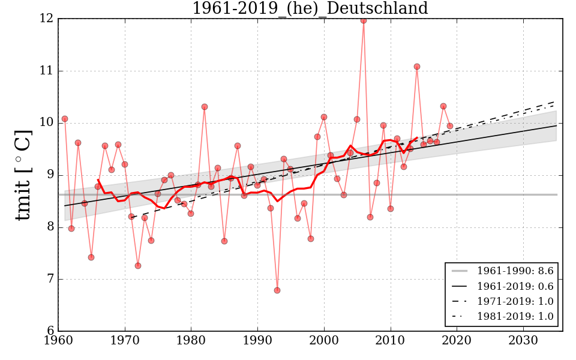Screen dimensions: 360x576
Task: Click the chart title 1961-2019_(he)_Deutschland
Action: (x=310, y=9)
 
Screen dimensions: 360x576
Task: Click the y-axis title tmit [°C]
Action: (x=23, y=175)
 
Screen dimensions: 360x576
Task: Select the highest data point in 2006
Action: (x=364, y=20)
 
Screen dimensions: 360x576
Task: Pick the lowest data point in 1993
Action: (x=277, y=290)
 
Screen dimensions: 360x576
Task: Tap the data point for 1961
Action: (x=65, y=119)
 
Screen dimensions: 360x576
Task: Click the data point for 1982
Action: (x=205, y=107)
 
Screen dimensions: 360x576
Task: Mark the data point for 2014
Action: (x=417, y=67)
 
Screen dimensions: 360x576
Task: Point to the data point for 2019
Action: (x=450, y=126)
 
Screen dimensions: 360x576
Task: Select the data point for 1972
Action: (x=138, y=266)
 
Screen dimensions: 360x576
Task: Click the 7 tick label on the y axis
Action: (x=49, y=279)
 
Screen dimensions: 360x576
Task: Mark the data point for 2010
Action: (x=391, y=209)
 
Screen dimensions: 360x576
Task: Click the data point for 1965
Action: (x=91, y=257)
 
